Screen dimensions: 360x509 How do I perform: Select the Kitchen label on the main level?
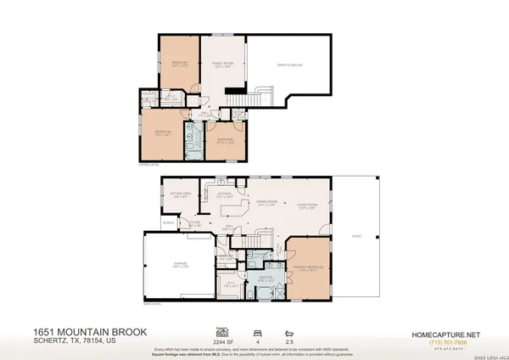(x=225, y=194)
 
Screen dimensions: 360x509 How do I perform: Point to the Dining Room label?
(x=268, y=202)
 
